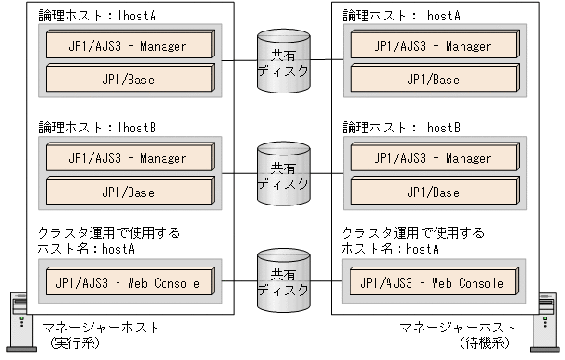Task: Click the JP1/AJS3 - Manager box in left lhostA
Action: [x=127, y=45]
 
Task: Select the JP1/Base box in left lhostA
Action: [x=127, y=79]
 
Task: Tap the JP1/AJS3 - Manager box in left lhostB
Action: [x=127, y=158]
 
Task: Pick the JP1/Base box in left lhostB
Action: [x=127, y=192]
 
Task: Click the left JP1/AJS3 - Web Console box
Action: [x=127, y=281]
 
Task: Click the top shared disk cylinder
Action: [x=282, y=62]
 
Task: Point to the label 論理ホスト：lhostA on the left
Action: [x=88, y=15]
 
